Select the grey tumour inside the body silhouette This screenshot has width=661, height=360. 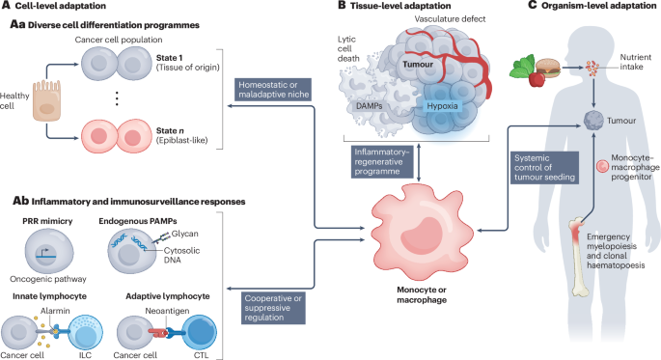[594, 121]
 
